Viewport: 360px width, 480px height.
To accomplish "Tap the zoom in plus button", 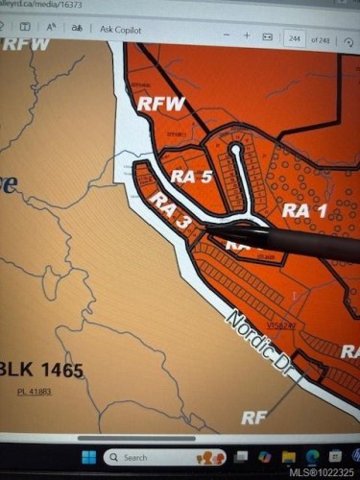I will click(x=247, y=35).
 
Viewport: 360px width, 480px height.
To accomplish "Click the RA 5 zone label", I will click(x=193, y=176).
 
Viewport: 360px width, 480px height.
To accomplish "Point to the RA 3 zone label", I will click(x=169, y=214).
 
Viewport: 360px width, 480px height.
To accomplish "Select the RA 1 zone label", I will click(x=305, y=209).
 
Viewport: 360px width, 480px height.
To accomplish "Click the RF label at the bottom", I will click(x=252, y=418).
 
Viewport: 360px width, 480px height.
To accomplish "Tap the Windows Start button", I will click(x=87, y=457).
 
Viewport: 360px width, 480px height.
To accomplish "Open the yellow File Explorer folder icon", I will click(x=289, y=456).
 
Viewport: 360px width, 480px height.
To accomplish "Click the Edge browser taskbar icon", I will click(x=311, y=456).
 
